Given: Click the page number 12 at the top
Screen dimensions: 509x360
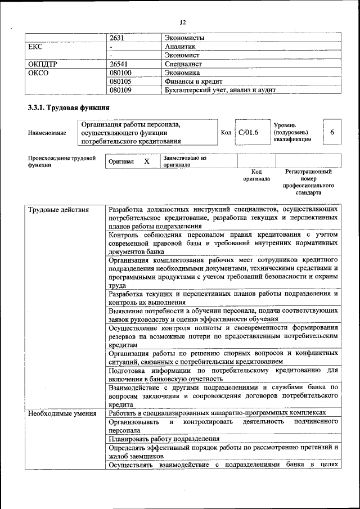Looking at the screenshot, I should (x=182, y=22).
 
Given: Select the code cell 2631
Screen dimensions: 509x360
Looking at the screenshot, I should (x=117, y=38).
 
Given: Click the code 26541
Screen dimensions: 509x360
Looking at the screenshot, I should (x=120, y=64).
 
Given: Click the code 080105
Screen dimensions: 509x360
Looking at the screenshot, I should (x=120, y=81).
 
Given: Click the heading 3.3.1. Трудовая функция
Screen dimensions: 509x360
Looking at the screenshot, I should (x=69, y=107).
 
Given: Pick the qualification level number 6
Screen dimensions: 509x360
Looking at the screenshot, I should (x=332, y=132).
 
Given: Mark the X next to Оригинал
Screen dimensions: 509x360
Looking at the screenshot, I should (x=147, y=161).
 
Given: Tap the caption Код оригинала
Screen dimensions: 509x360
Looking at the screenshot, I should (x=256, y=175).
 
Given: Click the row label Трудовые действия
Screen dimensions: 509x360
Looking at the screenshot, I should (x=58, y=210).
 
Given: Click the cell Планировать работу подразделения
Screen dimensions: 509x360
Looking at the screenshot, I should (x=164, y=439).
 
